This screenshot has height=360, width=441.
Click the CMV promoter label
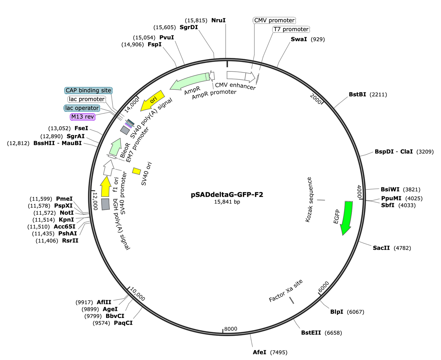point(274,20)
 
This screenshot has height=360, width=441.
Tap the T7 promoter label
point(291,29)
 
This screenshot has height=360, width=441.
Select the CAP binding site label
point(88,90)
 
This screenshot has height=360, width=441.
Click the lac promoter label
point(86,99)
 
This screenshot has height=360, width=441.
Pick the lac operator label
point(82,108)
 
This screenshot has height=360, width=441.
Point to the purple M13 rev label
point(83,117)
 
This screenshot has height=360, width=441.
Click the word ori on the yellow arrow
point(153,100)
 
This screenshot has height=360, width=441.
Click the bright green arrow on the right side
point(347,216)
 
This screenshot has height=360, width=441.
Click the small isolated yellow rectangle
point(136,171)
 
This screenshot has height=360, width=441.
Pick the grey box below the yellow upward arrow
point(106,204)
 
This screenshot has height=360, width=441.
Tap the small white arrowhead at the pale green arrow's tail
point(212,76)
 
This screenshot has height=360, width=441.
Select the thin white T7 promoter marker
point(258,79)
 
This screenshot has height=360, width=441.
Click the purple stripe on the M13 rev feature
point(128,125)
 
